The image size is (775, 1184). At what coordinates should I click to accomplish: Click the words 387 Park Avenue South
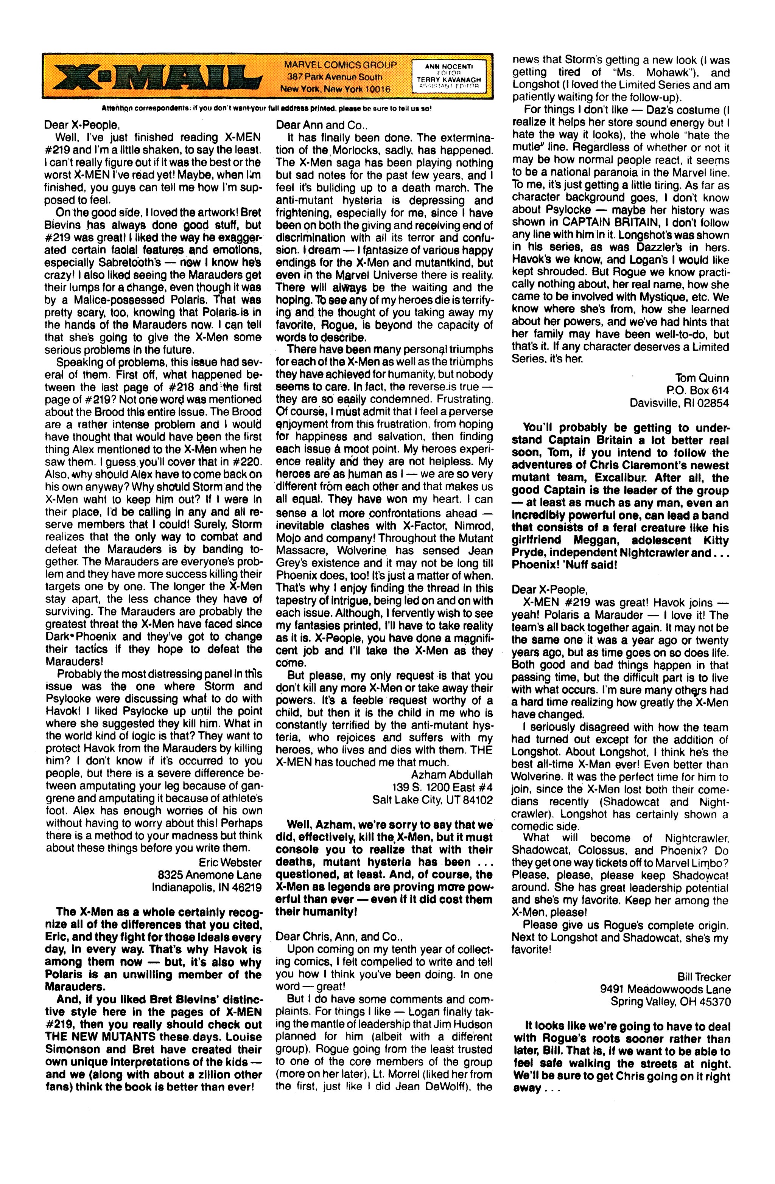tap(338, 77)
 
